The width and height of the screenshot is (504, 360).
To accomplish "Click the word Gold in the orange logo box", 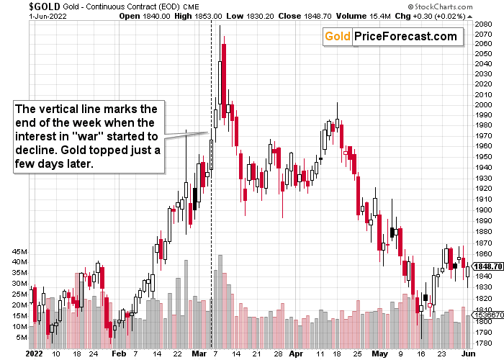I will click(x=336, y=37).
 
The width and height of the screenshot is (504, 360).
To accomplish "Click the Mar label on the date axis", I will click(x=195, y=354).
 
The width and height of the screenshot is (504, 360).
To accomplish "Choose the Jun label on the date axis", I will click(x=468, y=354).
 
